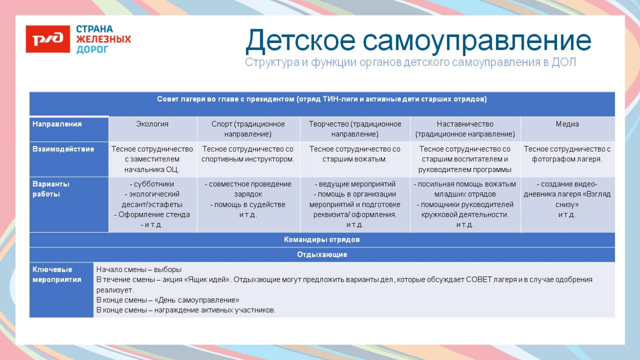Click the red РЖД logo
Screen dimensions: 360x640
point(48,39)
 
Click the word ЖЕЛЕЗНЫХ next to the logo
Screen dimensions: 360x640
point(103,39)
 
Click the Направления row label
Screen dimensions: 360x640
point(57,124)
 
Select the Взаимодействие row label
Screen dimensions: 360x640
point(63,149)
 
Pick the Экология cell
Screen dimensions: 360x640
point(152,124)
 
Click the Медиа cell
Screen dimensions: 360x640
point(567,124)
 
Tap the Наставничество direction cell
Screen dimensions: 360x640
point(465,129)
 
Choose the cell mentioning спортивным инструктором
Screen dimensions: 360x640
point(248,154)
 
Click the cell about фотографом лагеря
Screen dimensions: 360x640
point(567,154)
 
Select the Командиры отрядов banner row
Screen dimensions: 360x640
point(322,240)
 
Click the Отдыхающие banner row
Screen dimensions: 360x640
point(322,255)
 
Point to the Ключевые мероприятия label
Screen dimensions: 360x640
point(56,274)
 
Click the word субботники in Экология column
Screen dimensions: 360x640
point(154,184)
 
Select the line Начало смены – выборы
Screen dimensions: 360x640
point(139,269)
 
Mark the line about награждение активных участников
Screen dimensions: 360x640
point(186,310)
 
